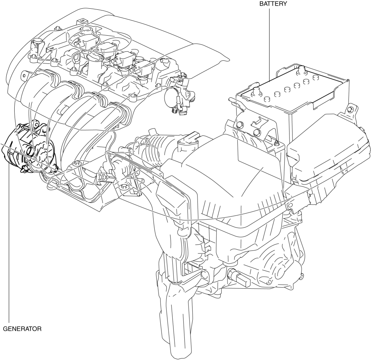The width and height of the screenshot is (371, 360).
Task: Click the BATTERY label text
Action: (x=273, y=4)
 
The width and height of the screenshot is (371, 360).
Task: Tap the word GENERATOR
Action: (x=22, y=329)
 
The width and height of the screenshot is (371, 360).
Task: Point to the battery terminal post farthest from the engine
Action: (x=301, y=70)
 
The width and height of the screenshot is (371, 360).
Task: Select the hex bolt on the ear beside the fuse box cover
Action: (x=350, y=110)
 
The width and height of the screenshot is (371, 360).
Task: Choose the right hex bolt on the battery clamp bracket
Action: (x=257, y=133)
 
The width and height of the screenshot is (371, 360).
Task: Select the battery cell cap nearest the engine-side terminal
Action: (x=266, y=99)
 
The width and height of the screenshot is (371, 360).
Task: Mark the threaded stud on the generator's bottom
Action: (x=24, y=169)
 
